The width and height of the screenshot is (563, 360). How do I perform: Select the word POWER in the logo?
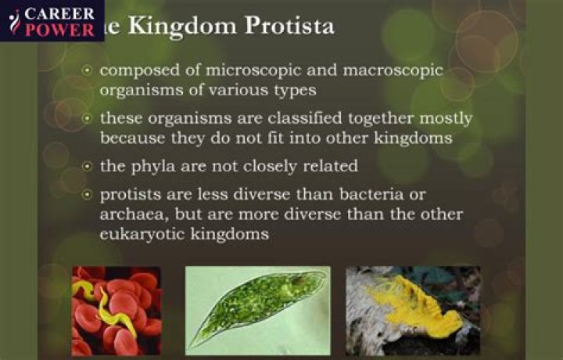coord(60,30)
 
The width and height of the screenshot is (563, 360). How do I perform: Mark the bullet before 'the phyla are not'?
coord(88,166)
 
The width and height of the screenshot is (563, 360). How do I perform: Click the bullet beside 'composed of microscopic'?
coord(88,70)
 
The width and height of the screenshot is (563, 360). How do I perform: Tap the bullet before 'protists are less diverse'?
coord(88,193)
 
